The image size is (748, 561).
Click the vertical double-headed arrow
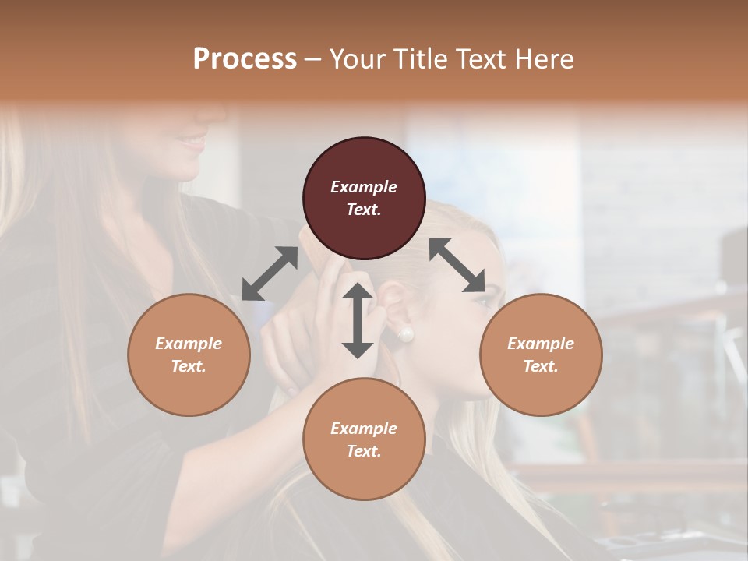click(358, 320)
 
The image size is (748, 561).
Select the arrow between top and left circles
click(270, 273)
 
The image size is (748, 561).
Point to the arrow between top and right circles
click(457, 265)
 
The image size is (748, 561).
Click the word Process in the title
click(245, 59)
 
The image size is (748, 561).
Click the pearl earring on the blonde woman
click(405, 335)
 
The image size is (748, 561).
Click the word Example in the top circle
click(364, 187)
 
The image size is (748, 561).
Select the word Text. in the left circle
click(189, 366)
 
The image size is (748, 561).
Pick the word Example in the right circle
click(541, 344)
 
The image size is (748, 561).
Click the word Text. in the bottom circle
click(364, 451)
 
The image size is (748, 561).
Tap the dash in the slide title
click(312, 59)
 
